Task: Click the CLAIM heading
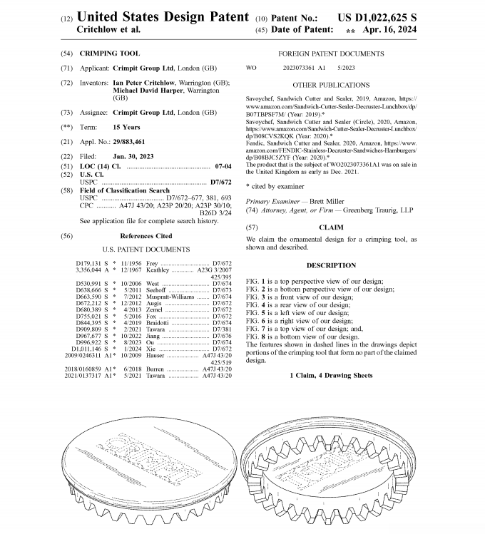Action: click(x=330, y=227)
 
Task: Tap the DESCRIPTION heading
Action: click(x=330, y=265)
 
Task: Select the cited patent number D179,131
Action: click(x=91, y=264)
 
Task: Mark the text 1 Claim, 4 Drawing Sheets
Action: click(x=330, y=375)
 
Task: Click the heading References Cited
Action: click(x=145, y=236)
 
